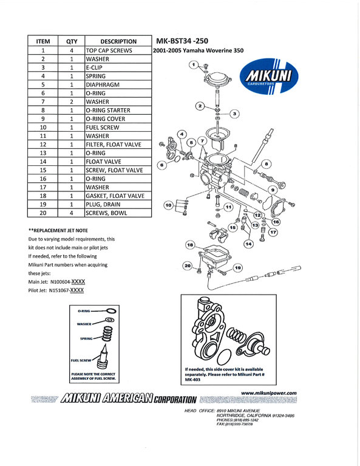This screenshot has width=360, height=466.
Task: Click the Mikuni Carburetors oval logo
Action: coord(269,76)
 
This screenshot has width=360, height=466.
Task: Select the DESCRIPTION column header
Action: coord(118,41)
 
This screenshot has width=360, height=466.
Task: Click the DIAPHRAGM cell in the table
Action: coord(118,84)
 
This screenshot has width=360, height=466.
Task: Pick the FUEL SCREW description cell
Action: coord(118,128)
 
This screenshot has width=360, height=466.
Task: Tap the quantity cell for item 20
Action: coord(71,213)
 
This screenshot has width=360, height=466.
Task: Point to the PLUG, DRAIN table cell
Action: coord(118,205)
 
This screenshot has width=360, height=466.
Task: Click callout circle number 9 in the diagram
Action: coord(273,190)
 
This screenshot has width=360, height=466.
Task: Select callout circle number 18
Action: coord(190,245)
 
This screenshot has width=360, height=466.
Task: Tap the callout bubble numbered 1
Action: coord(194,64)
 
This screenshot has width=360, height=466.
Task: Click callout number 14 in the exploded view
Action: coord(248,244)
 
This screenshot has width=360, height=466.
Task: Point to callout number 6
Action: coord(162,165)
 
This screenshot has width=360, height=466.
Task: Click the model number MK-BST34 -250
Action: coord(182,41)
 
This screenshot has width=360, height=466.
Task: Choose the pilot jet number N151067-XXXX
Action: coord(66,290)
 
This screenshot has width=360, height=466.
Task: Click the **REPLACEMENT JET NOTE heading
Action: coord(58,230)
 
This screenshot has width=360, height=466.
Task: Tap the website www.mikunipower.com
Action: coord(269,393)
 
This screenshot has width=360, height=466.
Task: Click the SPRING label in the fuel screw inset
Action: coord(86,338)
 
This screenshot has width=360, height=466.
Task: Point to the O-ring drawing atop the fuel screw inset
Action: coord(111,311)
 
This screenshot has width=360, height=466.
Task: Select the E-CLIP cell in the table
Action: coord(118,67)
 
